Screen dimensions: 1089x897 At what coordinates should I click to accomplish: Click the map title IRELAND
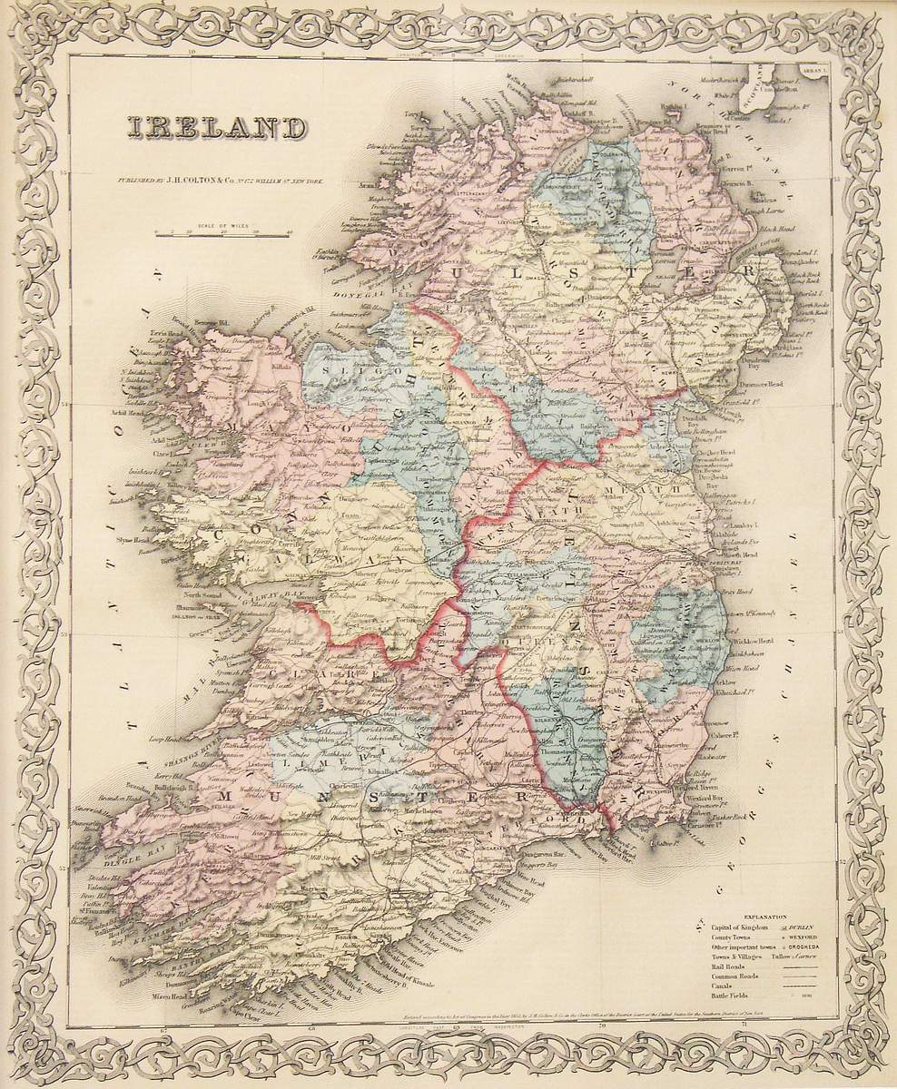click(216, 128)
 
